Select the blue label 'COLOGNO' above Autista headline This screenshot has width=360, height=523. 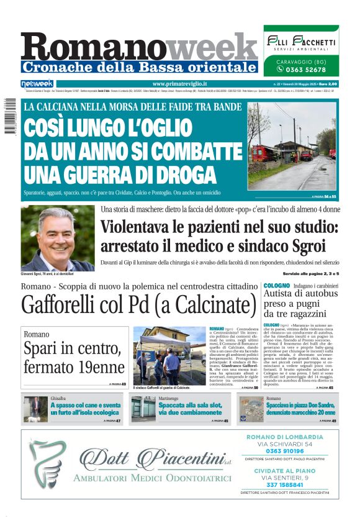[x=277, y=285]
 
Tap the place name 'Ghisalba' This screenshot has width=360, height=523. [x=59, y=398]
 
